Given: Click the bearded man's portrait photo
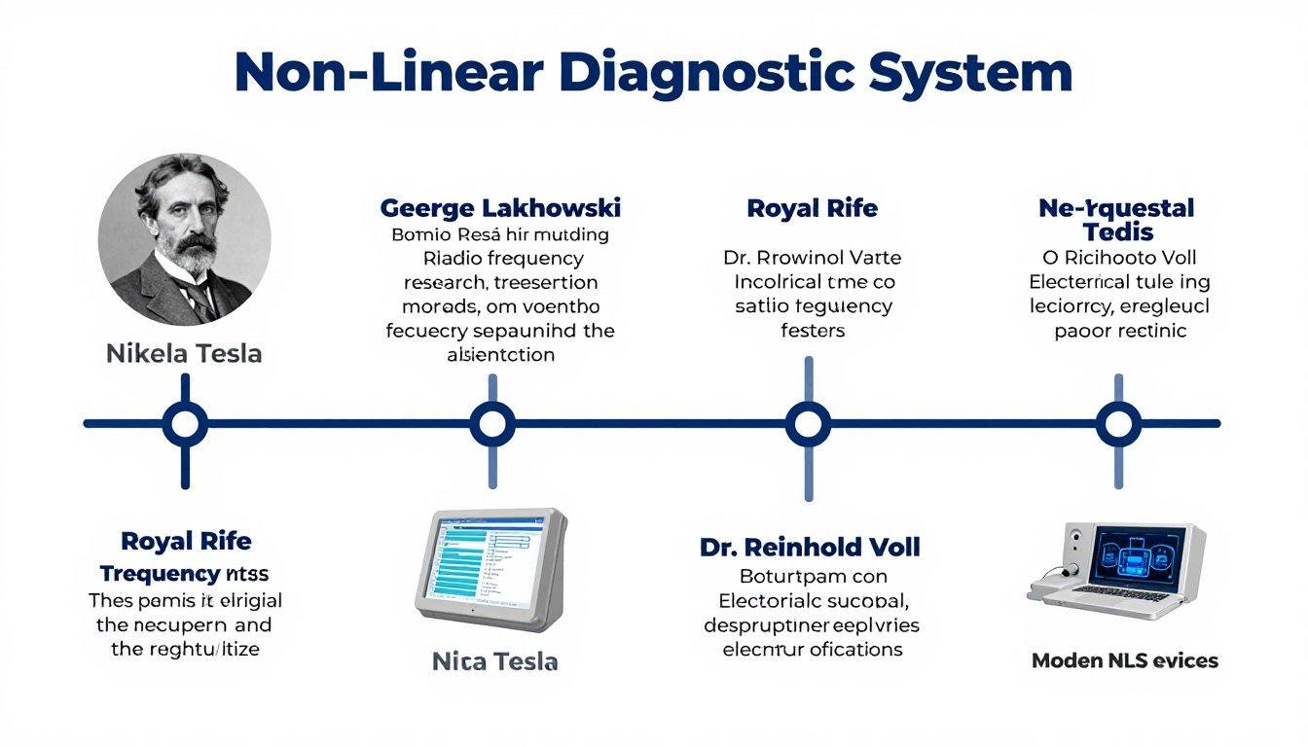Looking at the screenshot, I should pyautogui.click(x=185, y=239).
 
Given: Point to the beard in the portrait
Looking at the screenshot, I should pyautogui.click(x=195, y=255).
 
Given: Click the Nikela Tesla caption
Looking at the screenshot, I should pyautogui.click(x=184, y=353).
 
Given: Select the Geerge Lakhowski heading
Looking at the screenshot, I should pyautogui.click(x=500, y=208).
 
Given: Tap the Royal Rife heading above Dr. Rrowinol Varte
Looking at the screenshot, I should pyautogui.click(x=812, y=208).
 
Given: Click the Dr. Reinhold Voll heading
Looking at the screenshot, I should pyautogui.click(x=810, y=547).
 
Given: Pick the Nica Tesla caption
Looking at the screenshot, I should pyautogui.click(x=494, y=662).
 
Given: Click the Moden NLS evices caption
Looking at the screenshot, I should pyautogui.click(x=1124, y=660).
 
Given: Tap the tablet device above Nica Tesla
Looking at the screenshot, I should pyautogui.click(x=491, y=568).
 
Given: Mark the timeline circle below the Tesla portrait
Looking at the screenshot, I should pyautogui.click(x=185, y=424).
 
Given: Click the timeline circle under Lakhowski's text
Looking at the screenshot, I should pyautogui.click(x=491, y=424).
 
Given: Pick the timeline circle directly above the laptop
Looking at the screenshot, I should pyautogui.click(x=1118, y=424).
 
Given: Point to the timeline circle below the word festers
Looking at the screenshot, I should pyautogui.click(x=808, y=424).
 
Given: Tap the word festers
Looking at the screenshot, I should pyautogui.click(x=813, y=331).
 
